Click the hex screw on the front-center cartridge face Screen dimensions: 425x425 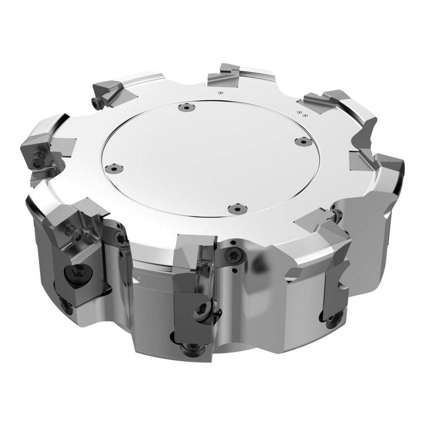coord(201,314)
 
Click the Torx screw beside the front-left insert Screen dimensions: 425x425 coord(119,239)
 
